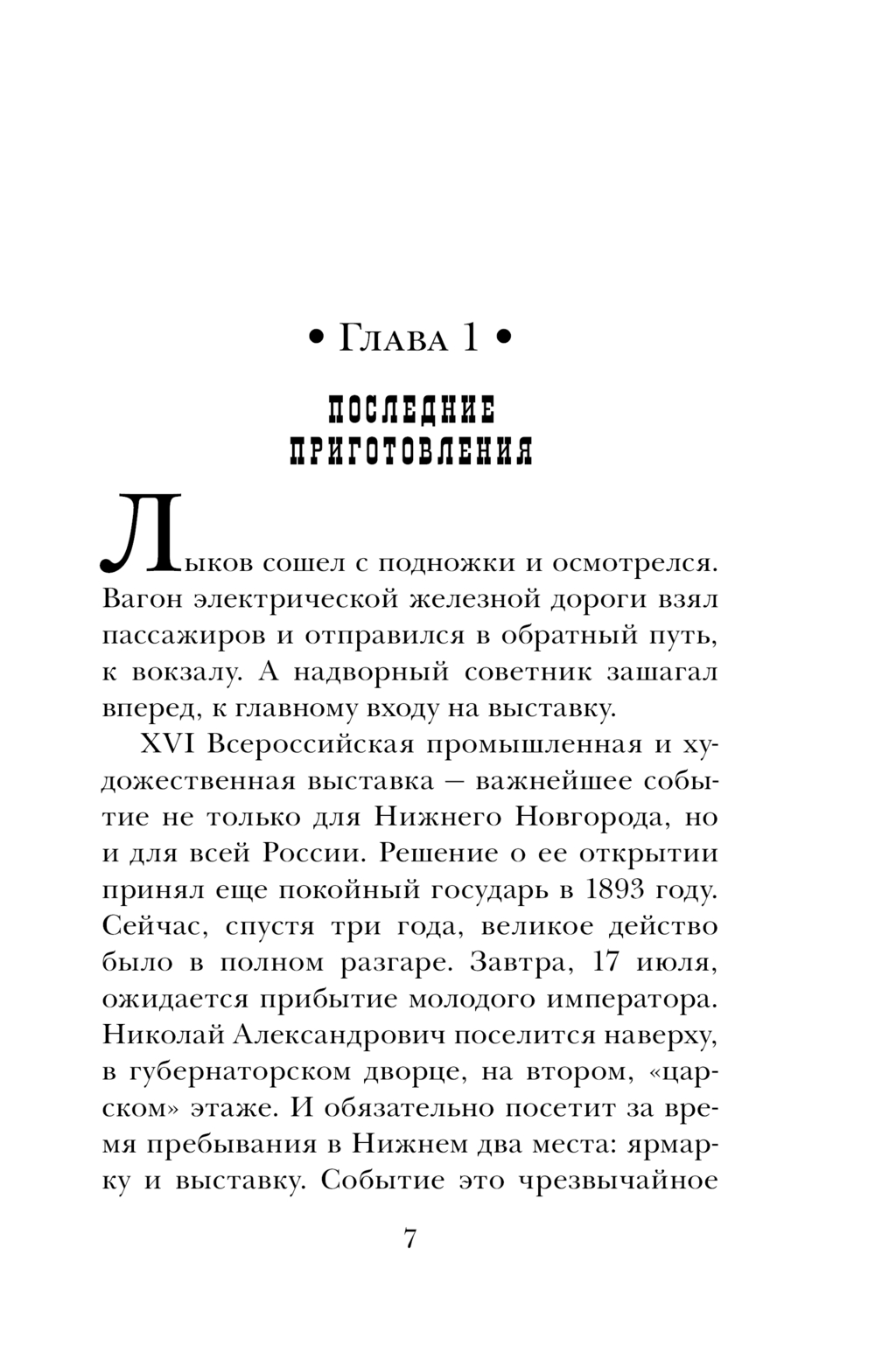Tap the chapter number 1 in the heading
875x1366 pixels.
(x=469, y=338)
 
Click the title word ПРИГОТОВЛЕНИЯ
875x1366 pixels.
(x=410, y=451)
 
